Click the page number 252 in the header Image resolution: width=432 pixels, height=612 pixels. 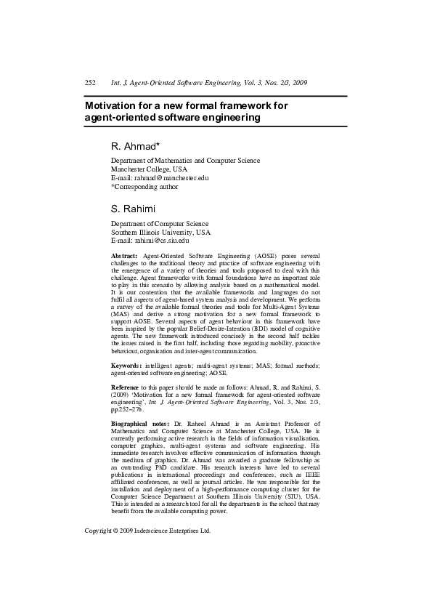click(x=91, y=84)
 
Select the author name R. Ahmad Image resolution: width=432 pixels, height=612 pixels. click(x=132, y=145)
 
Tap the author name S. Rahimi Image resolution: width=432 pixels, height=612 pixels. click(x=133, y=209)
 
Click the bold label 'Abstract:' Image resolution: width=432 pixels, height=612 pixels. click(x=124, y=257)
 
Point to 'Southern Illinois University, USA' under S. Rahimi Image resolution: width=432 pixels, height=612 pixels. click(x=160, y=232)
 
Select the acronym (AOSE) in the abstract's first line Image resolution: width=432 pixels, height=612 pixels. click(x=266, y=257)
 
